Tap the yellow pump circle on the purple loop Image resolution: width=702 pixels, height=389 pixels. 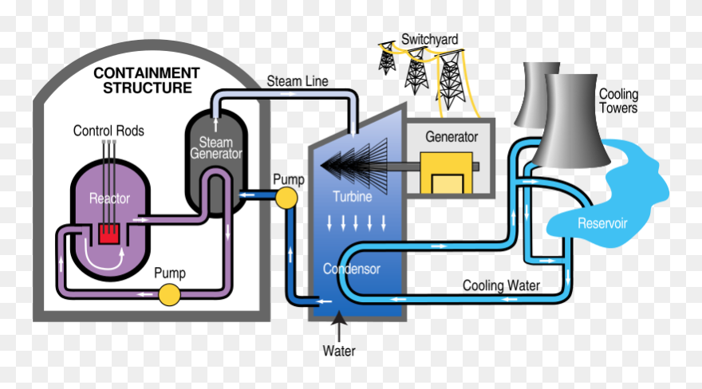169,295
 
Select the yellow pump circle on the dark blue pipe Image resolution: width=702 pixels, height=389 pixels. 286,197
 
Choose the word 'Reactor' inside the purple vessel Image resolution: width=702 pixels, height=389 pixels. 109,198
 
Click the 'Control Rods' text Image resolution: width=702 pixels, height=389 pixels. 108,131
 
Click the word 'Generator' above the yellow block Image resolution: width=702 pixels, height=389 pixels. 451,136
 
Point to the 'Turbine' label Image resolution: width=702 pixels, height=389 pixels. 351,197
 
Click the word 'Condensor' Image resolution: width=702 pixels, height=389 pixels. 352,269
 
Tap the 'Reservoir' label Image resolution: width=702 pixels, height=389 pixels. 602,222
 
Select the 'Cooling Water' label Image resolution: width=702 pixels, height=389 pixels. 502,285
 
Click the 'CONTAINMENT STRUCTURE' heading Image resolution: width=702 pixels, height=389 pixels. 147,80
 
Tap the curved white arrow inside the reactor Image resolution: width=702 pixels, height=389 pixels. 104,259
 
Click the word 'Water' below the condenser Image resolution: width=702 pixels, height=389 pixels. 339,351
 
